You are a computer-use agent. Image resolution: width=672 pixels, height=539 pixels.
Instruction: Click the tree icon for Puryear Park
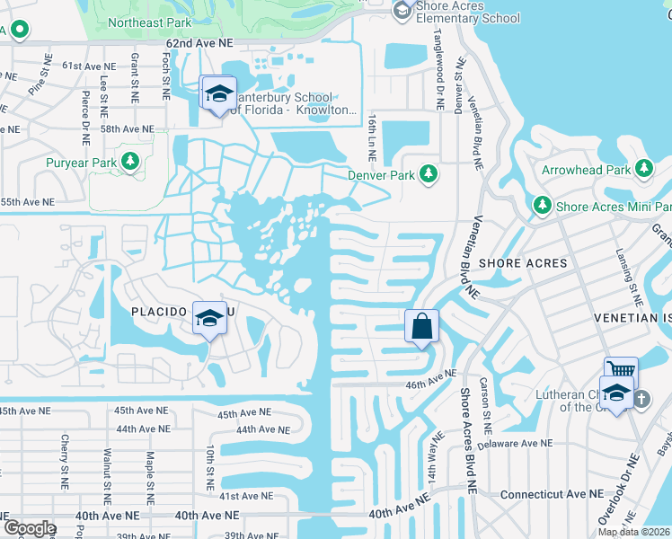131,162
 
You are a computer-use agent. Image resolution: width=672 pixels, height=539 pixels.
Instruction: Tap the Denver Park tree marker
429,172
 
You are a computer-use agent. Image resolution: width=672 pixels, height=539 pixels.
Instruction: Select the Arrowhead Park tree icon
643,169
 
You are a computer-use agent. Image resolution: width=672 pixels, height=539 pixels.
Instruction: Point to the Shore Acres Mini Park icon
543,206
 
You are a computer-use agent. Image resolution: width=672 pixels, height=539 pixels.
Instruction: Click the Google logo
29,528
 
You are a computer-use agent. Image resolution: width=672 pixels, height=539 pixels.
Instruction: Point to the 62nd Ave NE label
199,43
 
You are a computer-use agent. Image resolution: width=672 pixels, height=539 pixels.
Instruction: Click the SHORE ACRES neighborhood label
523,263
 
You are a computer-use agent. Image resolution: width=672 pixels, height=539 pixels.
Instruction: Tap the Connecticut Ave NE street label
552,494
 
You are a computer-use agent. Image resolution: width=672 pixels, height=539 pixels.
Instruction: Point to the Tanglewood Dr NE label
440,81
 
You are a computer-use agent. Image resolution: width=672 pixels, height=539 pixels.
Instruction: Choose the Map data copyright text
634,532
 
